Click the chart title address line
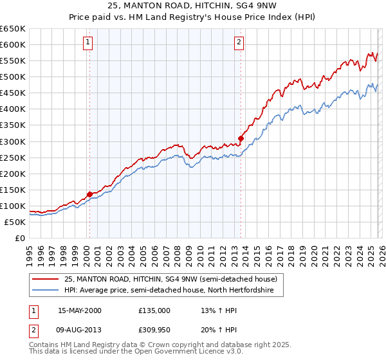coord(193,6)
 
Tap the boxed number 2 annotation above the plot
coord(239,43)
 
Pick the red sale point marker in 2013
coord(241,138)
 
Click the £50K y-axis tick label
coord(15,222)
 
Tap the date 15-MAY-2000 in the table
coord(79,310)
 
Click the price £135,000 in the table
coord(154,310)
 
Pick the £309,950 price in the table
coord(154,330)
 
